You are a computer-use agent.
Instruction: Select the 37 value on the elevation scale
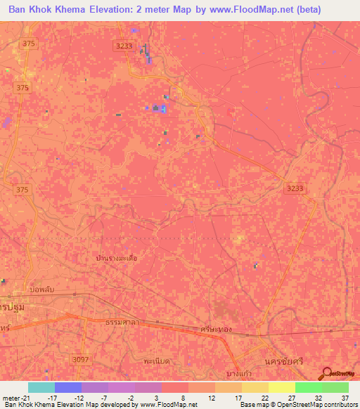(345, 398)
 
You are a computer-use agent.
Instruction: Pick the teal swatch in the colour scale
(41, 387)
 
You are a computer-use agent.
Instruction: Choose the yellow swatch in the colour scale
(281, 387)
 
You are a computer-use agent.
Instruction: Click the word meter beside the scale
(12, 398)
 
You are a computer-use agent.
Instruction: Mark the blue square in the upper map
(162, 108)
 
